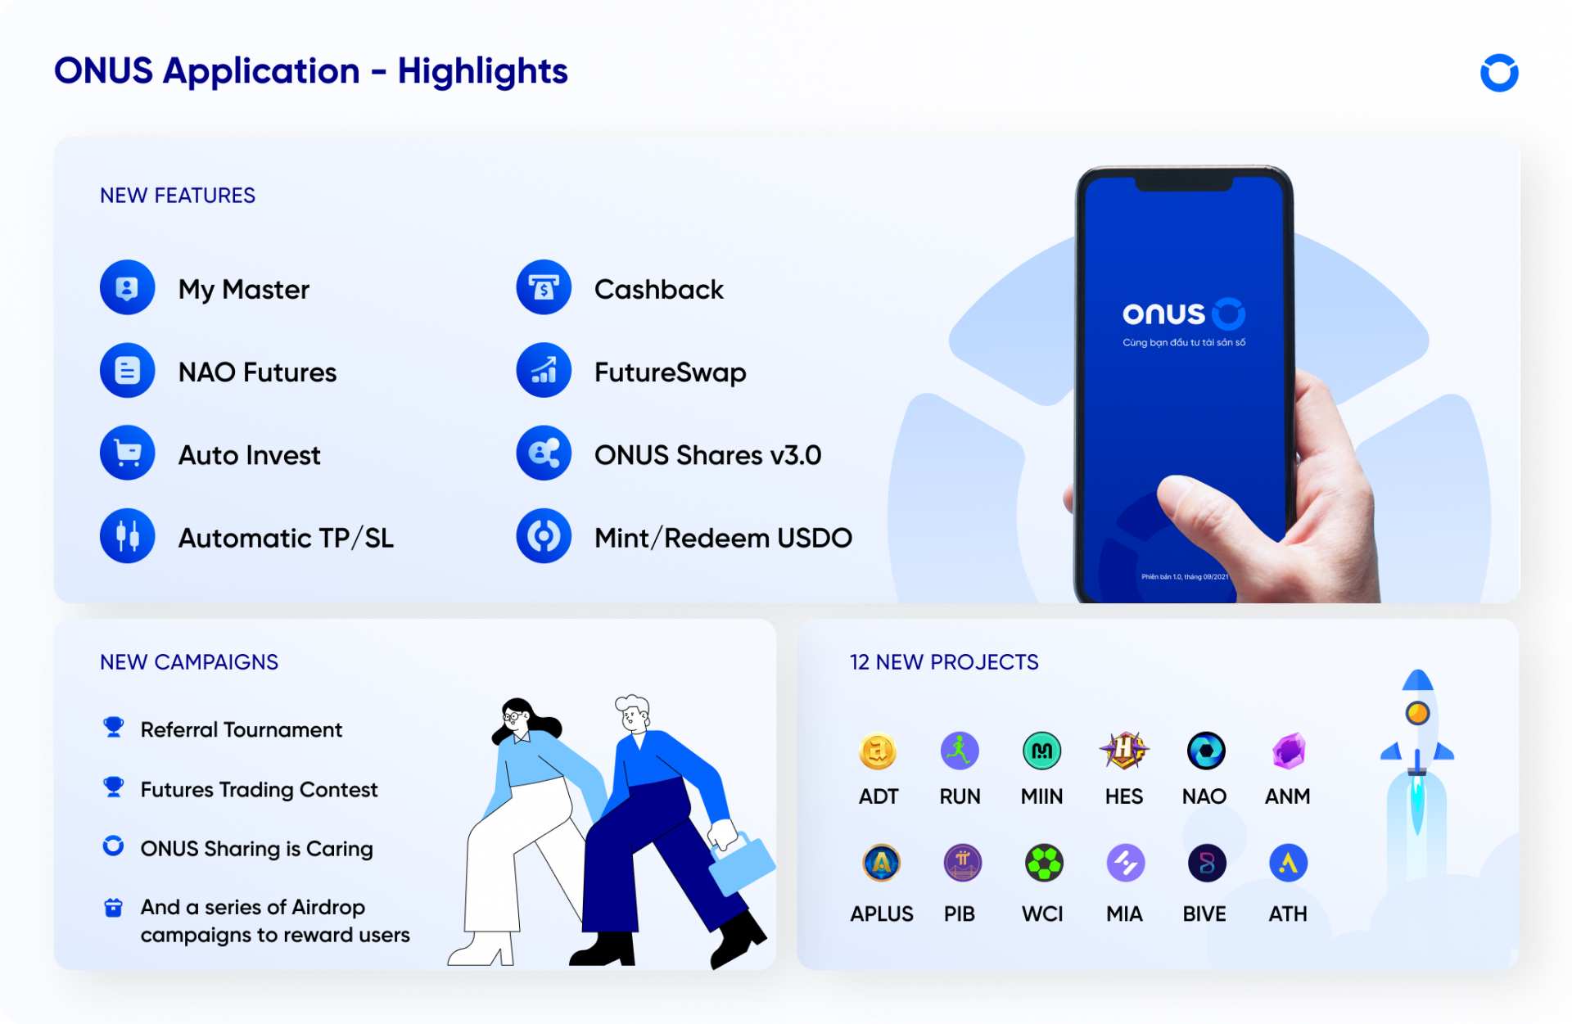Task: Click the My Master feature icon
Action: click(x=127, y=287)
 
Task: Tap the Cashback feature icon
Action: click(x=544, y=287)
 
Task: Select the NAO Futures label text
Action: click(x=257, y=372)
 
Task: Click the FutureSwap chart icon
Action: click(x=544, y=370)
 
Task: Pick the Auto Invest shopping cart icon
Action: click(x=127, y=453)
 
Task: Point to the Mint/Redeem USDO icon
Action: click(x=544, y=536)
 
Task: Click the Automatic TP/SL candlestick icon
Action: click(x=127, y=536)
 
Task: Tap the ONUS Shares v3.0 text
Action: click(x=707, y=455)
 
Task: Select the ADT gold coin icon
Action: click(x=878, y=751)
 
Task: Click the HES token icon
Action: click(x=1124, y=750)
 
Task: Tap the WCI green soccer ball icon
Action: click(x=1044, y=863)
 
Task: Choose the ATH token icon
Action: click(x=1288, y=863)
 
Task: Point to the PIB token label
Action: click(x=960, y=913)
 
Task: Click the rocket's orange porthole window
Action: click(x=1417, y=713)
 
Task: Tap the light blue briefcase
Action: click(x=741, y=864)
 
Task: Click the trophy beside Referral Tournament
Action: click(x=114, y=727)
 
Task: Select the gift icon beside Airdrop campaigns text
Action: click(x=114, y=907)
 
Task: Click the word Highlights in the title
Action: click(x=482, y=71)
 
